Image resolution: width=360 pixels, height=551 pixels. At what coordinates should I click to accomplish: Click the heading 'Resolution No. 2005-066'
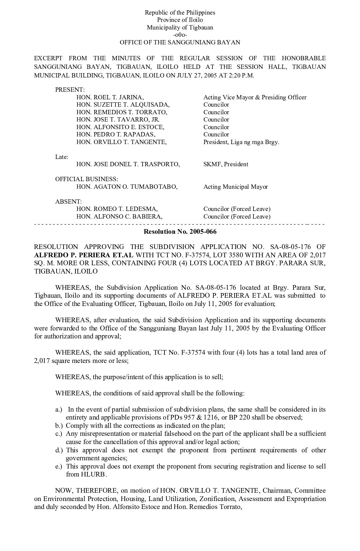[x=180, y=231]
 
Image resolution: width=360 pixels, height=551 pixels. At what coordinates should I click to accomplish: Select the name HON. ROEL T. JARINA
[x=110, y=97]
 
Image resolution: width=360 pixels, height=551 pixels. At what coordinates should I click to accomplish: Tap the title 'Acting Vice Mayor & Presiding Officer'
[x=255, y=97]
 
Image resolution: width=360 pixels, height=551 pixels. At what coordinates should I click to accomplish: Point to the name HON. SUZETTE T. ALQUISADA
[x=123, y=105]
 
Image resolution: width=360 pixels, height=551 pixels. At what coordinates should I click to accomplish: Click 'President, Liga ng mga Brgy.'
[x=241, y=142]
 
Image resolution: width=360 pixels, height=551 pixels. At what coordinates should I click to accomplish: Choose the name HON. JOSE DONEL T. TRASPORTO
[x=128, y=164]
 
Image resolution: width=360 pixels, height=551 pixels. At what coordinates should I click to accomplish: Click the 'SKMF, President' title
[x=226, y=164]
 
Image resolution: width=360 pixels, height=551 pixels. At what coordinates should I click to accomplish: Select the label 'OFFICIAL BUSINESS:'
[x=86, y=179]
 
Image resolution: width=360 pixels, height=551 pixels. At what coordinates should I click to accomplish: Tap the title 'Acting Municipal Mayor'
[x=236, y=187]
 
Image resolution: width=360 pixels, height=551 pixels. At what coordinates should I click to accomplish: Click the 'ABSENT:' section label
[x=68, y=202]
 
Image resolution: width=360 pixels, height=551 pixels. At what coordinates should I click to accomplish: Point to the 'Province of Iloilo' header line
[x=180, y=20]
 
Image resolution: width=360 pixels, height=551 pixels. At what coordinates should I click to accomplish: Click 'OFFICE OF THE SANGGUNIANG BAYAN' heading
[x=180, y=42]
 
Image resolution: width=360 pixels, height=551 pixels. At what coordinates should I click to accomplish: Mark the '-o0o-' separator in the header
[x=180, y=35]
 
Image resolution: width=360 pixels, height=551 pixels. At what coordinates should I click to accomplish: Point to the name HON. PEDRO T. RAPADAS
[x=116, y=134]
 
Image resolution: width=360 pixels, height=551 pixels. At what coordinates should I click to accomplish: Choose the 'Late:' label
[x=62, y=157]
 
